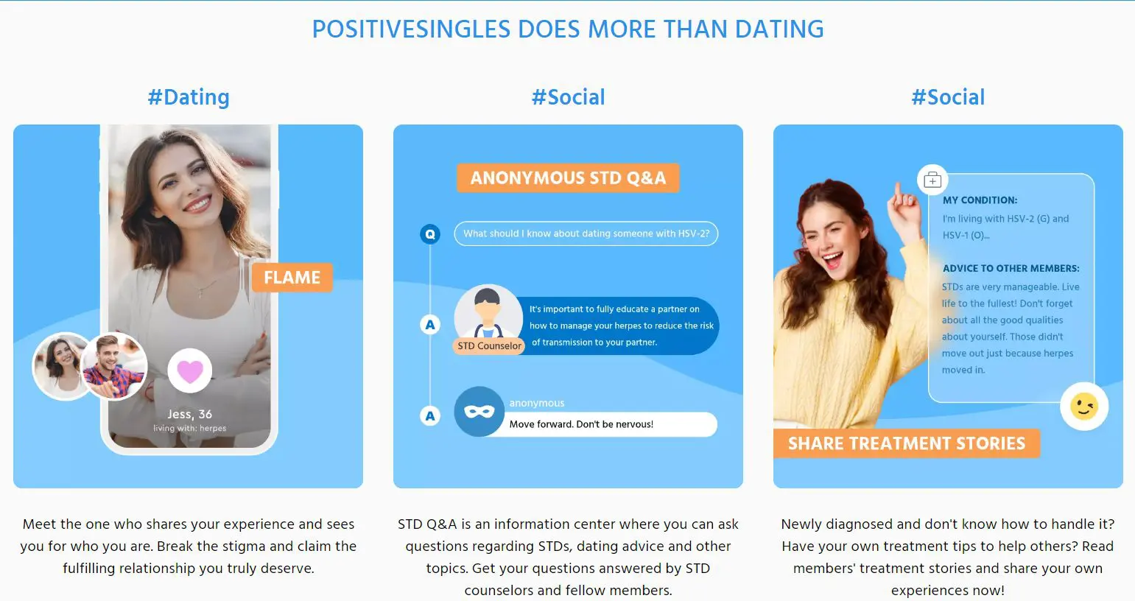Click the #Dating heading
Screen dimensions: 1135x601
(189, 97)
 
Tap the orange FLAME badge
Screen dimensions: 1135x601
(292, 277)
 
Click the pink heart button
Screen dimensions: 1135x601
(190, 370)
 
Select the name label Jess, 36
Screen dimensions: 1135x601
(190, 414)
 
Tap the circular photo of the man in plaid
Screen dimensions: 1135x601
(114, 366)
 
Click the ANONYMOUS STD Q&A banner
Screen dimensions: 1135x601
(568, 178)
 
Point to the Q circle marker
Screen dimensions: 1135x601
(430, 234)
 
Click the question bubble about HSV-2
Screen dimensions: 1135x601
(586, 233)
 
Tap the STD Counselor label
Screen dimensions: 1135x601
(489, 346)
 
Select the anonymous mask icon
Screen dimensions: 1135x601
(479, 412)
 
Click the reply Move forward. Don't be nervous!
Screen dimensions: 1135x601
(581, 424)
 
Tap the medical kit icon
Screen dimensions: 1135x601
(932, 180)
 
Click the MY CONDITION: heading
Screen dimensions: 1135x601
(980, 200)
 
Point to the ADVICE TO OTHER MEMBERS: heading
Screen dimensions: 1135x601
(1011, 269)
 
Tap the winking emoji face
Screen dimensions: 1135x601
(1084, 407)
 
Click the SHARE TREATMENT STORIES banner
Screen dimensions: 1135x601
(907, 443)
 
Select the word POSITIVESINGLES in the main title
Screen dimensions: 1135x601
(411, 29)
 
